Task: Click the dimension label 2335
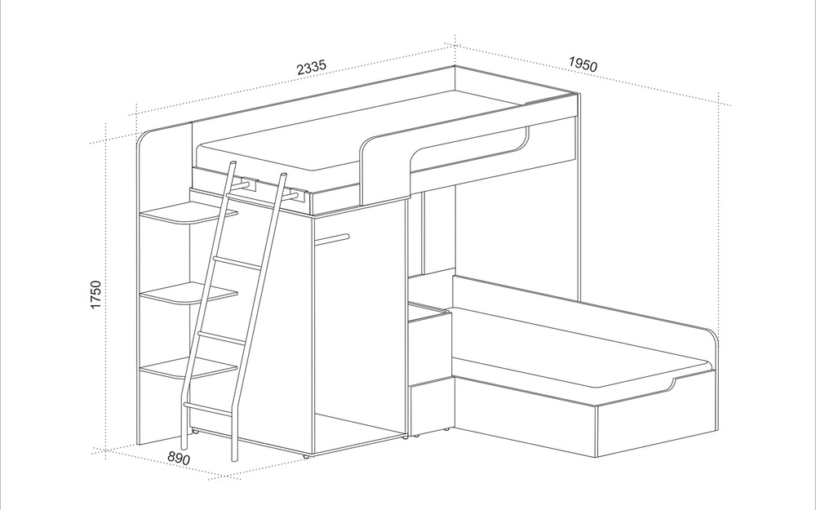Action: [x=311, y=68]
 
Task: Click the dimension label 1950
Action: [x=583, y=64]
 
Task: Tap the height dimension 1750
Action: [x=95, y=295]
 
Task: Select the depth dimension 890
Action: [x=179, y=458]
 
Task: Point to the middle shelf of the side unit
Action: [x=188, y=294]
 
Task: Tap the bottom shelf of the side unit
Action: [x=188, y=368]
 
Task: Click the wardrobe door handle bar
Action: [x=331, y=239]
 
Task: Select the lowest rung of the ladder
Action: [x=208, y=409]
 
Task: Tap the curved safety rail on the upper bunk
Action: [x=442, y=156]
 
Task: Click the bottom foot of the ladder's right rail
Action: [x=234, y=457]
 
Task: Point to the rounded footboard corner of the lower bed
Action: [x=713, y=336]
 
